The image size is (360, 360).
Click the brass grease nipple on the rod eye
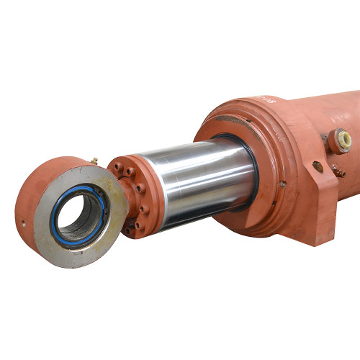tap(93, 161)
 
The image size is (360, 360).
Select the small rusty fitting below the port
tap(338, 171)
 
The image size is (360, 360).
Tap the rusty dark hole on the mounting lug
tap(318, 167)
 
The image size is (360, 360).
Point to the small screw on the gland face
tap(283, 184)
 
